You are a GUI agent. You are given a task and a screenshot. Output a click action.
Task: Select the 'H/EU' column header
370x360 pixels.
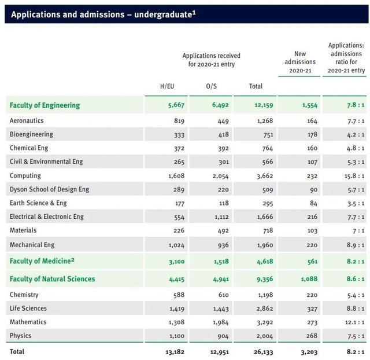click(x=166, y=86)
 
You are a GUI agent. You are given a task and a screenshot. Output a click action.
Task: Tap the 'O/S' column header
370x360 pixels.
click(x=211, y=86)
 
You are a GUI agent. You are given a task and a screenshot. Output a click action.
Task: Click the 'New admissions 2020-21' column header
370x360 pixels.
click(x=300, y=62)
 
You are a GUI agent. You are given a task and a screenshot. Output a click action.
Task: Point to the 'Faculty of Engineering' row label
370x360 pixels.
click(x=45, y=105)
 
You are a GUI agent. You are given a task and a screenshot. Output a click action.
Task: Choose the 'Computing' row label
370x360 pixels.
click(x=25, y=175)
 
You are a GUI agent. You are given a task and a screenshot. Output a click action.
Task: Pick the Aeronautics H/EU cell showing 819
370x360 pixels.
click(x=179, y=121)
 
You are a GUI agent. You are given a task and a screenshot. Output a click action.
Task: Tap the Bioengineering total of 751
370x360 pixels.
click(x=265, y=134)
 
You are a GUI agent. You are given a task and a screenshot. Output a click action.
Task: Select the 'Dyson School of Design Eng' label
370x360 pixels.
click(x=49, y=189)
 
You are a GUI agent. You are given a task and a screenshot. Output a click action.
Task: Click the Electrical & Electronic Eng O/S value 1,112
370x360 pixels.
click(x=221, y=216)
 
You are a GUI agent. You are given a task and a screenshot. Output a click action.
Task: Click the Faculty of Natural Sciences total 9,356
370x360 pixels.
click(x=261, y=279)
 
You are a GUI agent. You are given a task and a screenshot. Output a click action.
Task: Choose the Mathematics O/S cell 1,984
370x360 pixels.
click(x=221, y=322)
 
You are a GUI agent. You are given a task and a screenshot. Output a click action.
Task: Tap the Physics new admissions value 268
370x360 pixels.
click(x=312, y=336)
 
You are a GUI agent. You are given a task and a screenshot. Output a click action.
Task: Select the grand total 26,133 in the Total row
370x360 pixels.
click(x=261, y=351)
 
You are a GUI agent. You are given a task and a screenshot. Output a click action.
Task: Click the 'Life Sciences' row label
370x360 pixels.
click(x=28, y=308)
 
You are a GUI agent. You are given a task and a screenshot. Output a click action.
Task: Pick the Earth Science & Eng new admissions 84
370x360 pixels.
click(x=313, y=203)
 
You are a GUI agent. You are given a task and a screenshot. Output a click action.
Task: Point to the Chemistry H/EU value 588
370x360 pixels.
click(x=179, y=295)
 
